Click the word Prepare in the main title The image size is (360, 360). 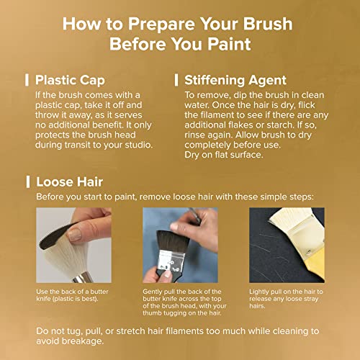pyautogui.click(x=162, y=24)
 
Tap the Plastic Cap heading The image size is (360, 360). pyautogui.click(x=70, y=80)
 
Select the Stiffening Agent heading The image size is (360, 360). pyautogui.click(x=235, y=80)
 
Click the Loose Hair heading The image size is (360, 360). pyautogui.click(x=70, y=181)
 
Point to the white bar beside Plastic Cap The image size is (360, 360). pyautogui.click(x=27, y=80)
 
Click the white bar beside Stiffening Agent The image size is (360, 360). pyautogui.click(x=176, y=80)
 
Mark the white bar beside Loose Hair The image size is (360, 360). pyautogui.click(x=28, y=181)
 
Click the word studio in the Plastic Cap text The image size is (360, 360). pyautogui.click(x=138, y=145)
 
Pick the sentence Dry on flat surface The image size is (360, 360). pyautogui.click(x=224, y=155)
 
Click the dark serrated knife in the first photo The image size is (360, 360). pyautogui.click(x=58, y=236)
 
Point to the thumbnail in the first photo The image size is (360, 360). pyautogui.click(x=75, y=235)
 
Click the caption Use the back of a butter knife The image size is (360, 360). pyautogui.click(x=72, y=295)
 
